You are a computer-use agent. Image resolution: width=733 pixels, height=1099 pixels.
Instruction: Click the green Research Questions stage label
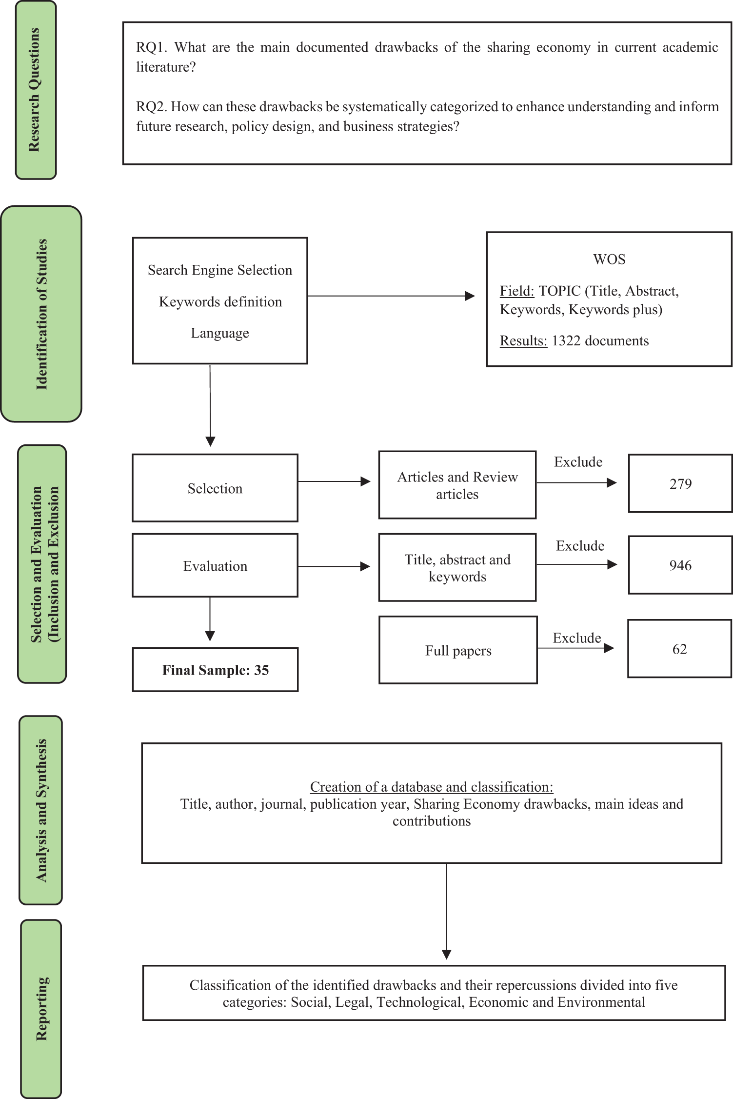36,90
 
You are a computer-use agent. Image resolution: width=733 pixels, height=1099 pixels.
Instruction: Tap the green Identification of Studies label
41,314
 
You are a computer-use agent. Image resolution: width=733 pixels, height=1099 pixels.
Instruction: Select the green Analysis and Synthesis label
41,810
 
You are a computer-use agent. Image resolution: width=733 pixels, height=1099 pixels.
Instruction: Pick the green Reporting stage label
41,1009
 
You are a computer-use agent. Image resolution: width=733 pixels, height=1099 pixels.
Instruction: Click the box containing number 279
680,483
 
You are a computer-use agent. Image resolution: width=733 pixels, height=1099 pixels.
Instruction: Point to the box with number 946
680,565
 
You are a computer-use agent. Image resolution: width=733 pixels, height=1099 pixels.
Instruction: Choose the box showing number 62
679,649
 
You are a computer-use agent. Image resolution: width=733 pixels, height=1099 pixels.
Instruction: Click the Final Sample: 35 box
215,669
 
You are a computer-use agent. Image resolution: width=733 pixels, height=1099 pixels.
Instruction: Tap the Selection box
215,488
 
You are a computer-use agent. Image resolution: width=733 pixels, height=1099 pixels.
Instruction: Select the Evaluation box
215,565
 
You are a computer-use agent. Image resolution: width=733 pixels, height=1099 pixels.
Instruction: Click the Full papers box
458,650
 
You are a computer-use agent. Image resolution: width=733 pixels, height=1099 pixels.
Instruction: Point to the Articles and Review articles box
457,485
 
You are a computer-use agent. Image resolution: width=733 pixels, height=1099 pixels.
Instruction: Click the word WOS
609,259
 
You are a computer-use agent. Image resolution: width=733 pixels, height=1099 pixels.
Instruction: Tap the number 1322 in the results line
566,340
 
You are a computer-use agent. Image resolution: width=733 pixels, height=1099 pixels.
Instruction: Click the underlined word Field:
517,291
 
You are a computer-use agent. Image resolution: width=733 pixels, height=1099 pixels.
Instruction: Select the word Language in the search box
220,333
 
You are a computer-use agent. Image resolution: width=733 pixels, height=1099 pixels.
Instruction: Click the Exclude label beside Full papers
577,638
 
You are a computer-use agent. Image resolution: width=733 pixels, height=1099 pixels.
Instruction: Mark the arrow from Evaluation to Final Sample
210,619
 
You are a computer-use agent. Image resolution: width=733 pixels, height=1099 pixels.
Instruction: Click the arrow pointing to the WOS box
391,296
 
